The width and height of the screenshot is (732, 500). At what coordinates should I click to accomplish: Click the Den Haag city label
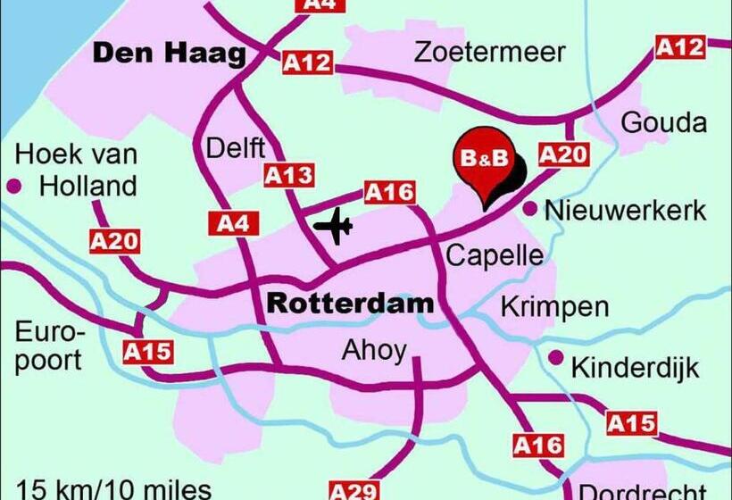(169, 54)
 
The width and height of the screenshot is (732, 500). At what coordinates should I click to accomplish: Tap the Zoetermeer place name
(490, 52)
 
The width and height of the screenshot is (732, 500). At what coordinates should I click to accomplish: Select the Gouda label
(663, 123)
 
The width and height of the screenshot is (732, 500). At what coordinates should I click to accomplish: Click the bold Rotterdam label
(350, 304)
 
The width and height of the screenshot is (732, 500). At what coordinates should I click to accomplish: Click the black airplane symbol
(334, 225)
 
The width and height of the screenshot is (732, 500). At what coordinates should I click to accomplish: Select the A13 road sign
(289, 176)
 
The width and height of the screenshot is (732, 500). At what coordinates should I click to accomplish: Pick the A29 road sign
(354, 490)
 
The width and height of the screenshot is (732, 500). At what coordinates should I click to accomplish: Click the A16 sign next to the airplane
(390, 191)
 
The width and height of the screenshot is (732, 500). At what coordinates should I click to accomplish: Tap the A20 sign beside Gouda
(563, 154)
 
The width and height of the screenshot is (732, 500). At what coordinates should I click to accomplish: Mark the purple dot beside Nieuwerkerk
(529, 210)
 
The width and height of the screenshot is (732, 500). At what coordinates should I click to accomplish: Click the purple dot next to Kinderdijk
(555, 357)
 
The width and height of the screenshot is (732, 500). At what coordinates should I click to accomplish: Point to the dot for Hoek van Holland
(14, 187)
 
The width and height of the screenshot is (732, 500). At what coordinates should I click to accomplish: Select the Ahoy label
(374, 351)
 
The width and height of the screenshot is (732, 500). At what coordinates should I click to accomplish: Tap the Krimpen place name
(554, 307)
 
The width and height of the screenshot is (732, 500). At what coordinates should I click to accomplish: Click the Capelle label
(494, 256)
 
